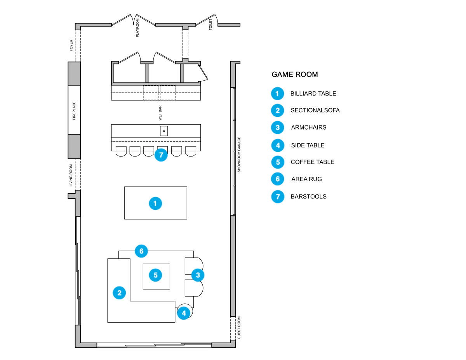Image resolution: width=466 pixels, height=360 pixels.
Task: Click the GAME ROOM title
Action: point(295,75)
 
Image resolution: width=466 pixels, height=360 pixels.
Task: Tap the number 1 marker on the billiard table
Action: point(155,203)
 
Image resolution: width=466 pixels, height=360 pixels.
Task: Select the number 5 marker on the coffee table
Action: point(156,275)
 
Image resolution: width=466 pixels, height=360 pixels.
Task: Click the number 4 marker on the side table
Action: point(184,313)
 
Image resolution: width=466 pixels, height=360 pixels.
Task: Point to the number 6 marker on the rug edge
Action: point(141,251)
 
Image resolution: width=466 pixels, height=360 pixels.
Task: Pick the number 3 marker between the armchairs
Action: point(198,275)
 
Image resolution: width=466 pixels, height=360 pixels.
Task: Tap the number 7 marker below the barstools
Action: point(161,155)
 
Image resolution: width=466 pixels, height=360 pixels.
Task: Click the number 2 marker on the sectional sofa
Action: point(120,293)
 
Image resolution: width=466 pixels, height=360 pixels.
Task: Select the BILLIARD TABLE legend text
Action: point(313,94)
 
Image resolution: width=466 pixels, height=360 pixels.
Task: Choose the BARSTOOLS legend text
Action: point(309,197)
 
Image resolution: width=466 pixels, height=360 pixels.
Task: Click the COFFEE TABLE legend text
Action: point(313,162)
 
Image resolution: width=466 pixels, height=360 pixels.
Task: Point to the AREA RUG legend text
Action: point(307,179)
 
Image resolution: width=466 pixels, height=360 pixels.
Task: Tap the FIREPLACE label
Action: point(74,111)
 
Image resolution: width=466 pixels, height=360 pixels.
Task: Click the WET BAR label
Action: point(160,113)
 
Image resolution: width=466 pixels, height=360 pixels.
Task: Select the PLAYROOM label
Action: point(137,28)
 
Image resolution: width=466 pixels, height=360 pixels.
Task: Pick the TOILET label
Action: point(210,24)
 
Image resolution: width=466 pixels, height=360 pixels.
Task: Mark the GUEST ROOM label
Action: point(239,328)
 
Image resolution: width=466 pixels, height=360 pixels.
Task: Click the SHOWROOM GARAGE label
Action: point(239,155)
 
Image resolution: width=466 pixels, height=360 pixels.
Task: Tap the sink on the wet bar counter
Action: point(164,131)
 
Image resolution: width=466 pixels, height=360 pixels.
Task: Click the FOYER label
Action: point(71,45)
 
